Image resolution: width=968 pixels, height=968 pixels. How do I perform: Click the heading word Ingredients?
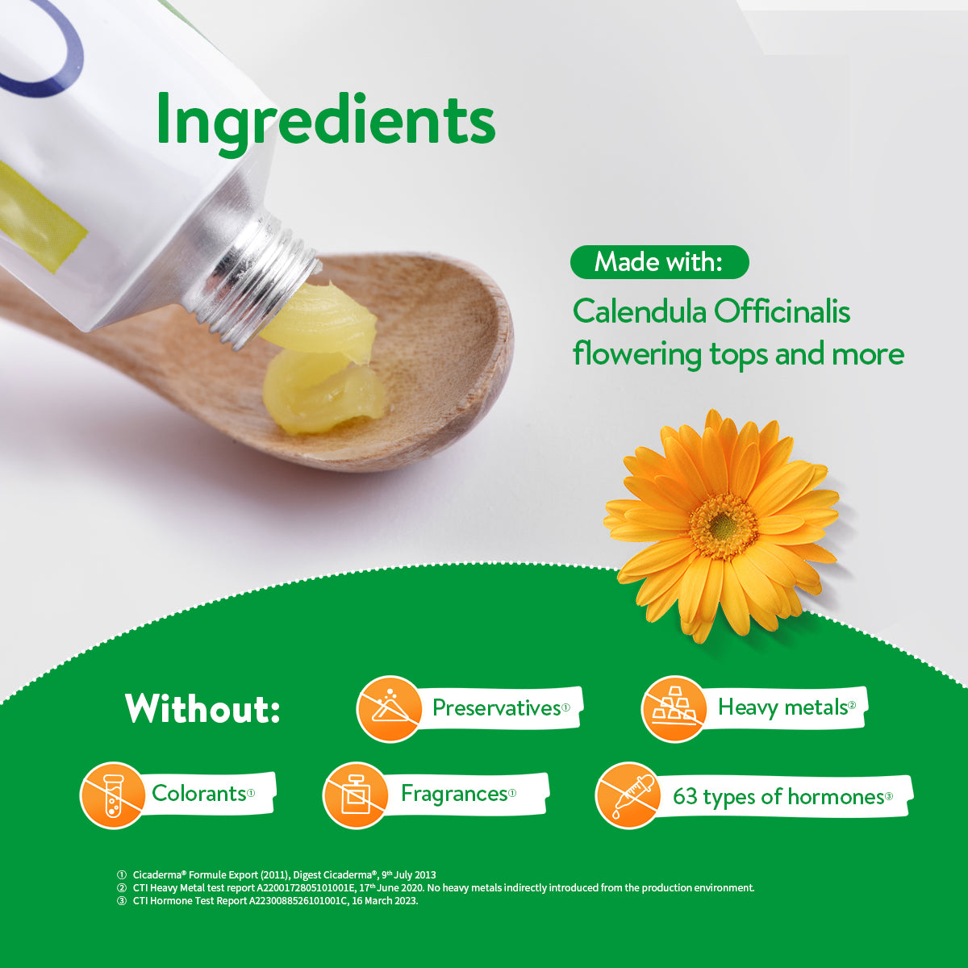coord(325,119)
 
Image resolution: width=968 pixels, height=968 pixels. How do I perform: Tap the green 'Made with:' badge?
coord(659,262)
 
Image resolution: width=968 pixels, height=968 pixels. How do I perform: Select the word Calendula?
coord(636,311)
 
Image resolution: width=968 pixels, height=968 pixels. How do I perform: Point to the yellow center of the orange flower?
coord(723,526)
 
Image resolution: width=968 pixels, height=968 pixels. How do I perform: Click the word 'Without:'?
coord(202,709)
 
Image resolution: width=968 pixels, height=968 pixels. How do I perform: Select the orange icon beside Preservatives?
coord(389,708)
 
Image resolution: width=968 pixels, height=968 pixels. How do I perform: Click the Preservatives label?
coord(496,707)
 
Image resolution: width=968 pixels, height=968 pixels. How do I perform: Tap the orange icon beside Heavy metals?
coord(674,708)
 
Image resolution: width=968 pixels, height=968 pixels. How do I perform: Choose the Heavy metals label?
coord(782,707)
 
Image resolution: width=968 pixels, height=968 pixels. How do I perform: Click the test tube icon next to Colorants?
coord(112,795)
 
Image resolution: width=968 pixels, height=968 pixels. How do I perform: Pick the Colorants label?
coord(198,793)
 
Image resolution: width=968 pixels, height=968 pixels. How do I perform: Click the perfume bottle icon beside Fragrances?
coord(354,795)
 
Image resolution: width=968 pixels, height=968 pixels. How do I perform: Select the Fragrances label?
coord(454,794)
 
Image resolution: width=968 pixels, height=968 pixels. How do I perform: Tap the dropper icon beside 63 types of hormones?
coord(628,795)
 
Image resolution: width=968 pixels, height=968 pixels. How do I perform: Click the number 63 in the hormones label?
coord(685,797)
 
